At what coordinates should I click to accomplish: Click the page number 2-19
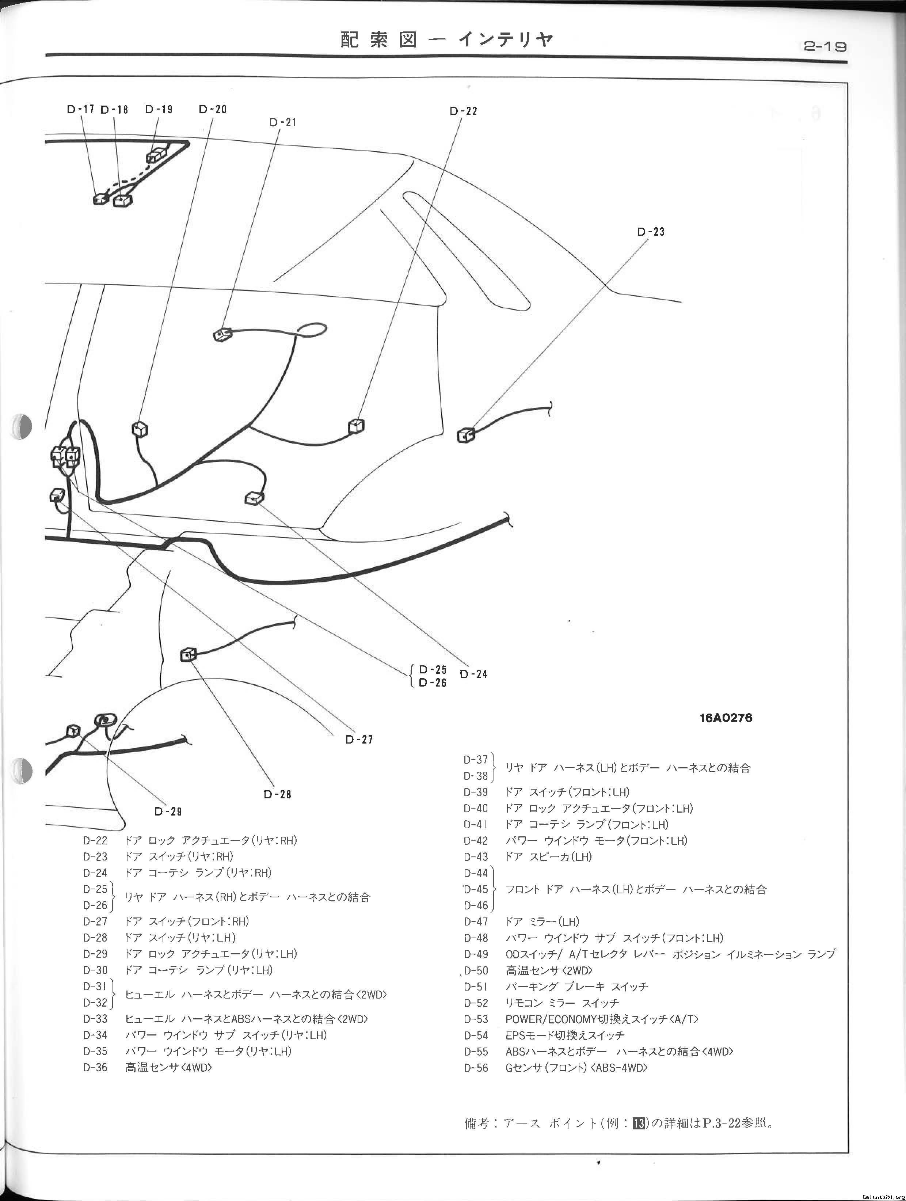825,47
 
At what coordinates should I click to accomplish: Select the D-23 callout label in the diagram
650,232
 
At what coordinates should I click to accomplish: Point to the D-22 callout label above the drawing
463,111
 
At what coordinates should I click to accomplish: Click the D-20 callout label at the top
213,109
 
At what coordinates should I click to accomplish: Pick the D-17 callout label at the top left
80,109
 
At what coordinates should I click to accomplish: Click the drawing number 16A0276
726,718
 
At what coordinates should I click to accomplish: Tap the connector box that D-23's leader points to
466,434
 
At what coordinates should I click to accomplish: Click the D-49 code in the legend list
476,954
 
